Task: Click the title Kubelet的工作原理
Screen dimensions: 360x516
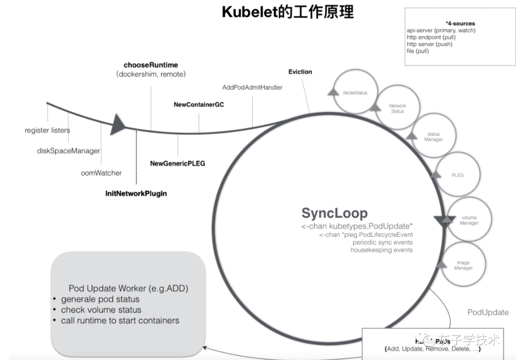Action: tap(287, 12)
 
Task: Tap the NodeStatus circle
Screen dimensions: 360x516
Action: tap(355, 93)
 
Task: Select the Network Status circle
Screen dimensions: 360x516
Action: tap(397, 108)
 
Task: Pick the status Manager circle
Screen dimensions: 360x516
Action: tap(433, 137)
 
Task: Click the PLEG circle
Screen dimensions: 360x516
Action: tap(457, 175)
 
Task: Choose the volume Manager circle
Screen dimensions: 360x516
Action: tap(469, 220)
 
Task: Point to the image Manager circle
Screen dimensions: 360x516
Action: tap(463, 265)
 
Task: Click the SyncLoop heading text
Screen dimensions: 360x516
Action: tap(334, 213)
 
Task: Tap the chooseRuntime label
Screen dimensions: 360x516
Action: tap(150, 65)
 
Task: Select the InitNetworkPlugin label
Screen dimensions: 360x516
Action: tap(136, 193)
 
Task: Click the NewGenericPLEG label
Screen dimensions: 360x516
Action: tap(177, 163)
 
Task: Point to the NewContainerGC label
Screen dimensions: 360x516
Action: tap(199, 103)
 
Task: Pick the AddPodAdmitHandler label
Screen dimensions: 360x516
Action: tap(252, 87)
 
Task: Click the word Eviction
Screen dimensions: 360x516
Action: tap(300, 72)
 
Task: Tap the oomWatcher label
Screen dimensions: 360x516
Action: tap(101, 173)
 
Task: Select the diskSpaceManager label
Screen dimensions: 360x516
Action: tap(68, 150)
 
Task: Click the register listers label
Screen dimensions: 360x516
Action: tap(47, 130)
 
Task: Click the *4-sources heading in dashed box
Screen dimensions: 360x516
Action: tap(460, 24)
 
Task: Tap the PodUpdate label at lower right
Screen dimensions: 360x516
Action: tap(488, 312)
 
